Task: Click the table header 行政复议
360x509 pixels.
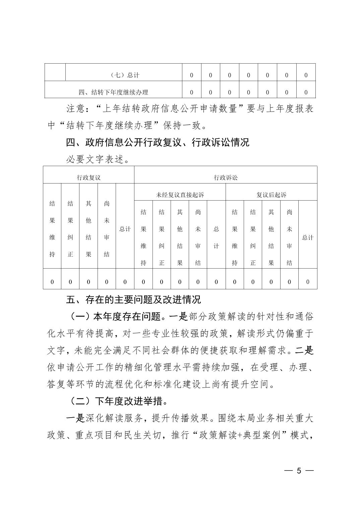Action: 88,177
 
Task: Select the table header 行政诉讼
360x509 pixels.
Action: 226,177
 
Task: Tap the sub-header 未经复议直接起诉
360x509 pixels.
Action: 180,195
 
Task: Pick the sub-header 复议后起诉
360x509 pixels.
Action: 271,195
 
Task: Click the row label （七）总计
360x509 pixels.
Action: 125,75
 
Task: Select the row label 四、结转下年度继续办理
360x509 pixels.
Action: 113,92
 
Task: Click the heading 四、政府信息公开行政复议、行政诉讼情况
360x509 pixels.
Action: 158,143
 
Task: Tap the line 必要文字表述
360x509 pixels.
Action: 97,160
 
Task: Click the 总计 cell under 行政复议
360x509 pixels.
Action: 125,229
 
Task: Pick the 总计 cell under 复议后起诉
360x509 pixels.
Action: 308,237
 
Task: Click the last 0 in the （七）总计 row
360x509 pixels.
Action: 306,75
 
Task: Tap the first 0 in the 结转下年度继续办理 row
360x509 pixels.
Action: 191,92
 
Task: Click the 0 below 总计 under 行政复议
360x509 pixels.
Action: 125,282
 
